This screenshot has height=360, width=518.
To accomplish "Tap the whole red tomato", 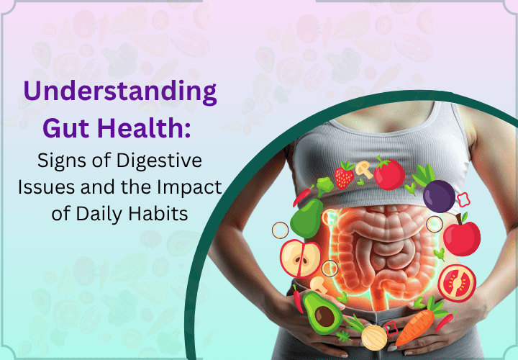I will click(x=388, y=174).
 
